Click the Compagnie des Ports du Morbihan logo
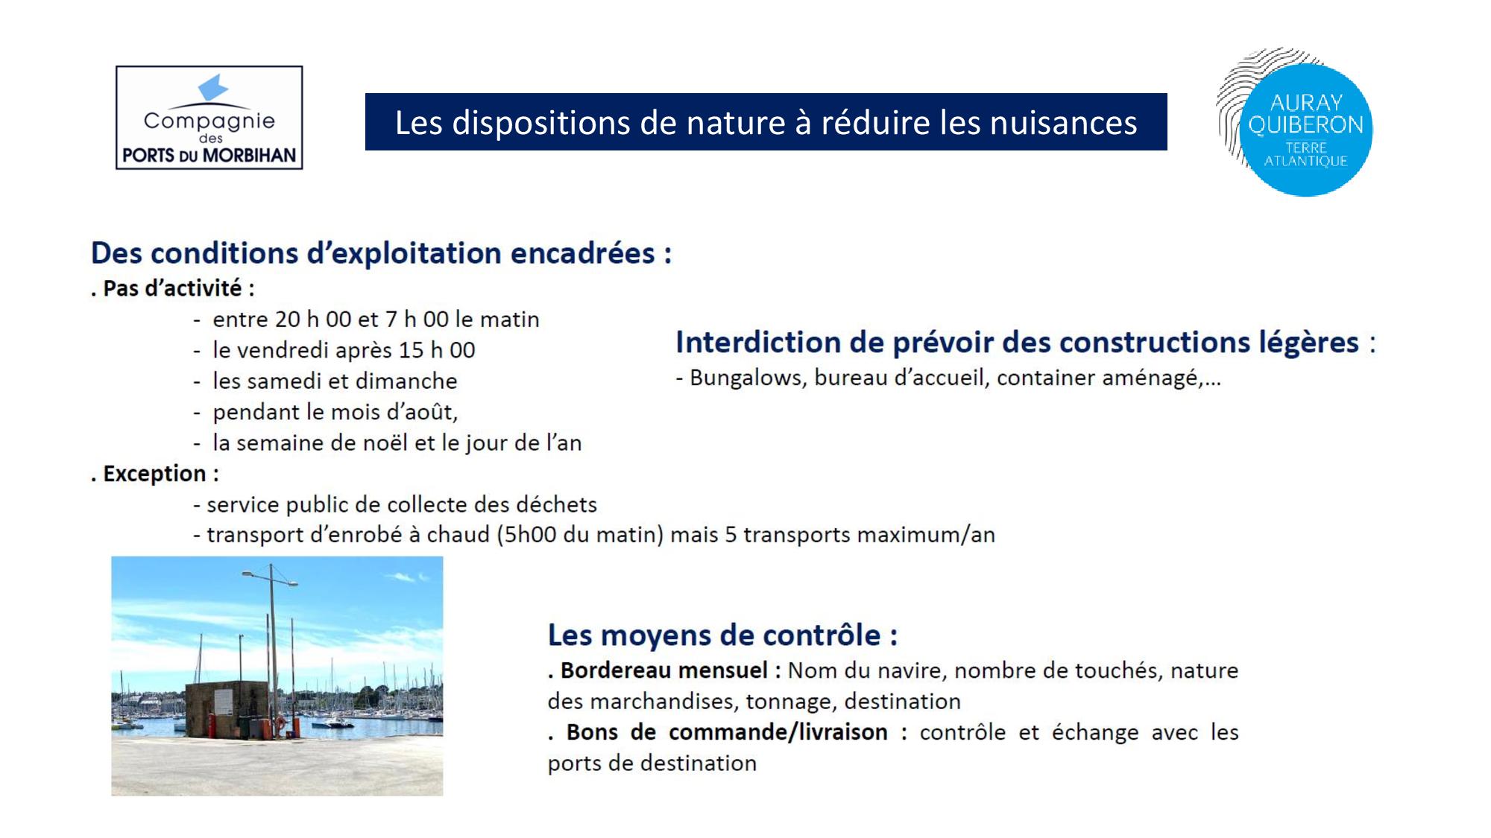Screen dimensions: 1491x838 (x=209, y=118)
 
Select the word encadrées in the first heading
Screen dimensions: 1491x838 (x=583, y=253)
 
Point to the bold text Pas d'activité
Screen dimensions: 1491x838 (x=173, y=288)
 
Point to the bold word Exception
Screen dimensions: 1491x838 (x=154, y=474)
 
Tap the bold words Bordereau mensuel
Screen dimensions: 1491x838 (x=663, y=670)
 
